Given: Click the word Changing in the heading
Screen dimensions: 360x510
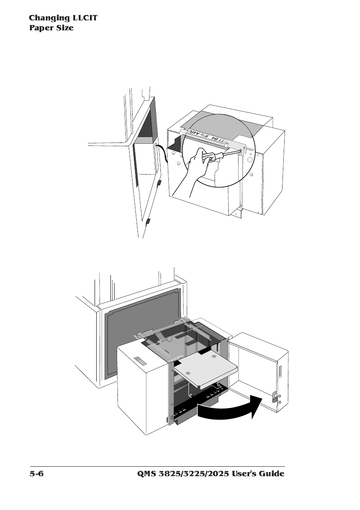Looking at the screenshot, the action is tap(49, 18).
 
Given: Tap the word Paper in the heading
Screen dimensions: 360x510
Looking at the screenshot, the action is tap(39, 28).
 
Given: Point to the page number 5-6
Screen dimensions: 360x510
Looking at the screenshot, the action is tap(36, 474).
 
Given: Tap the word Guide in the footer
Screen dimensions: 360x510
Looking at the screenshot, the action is tap(270, 474).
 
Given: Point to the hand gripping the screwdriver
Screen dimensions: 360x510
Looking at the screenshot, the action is tap(196, 169).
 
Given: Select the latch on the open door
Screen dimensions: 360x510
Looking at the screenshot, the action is tap(275, 397).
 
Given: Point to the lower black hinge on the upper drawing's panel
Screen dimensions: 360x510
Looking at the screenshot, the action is tap(147, 221).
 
